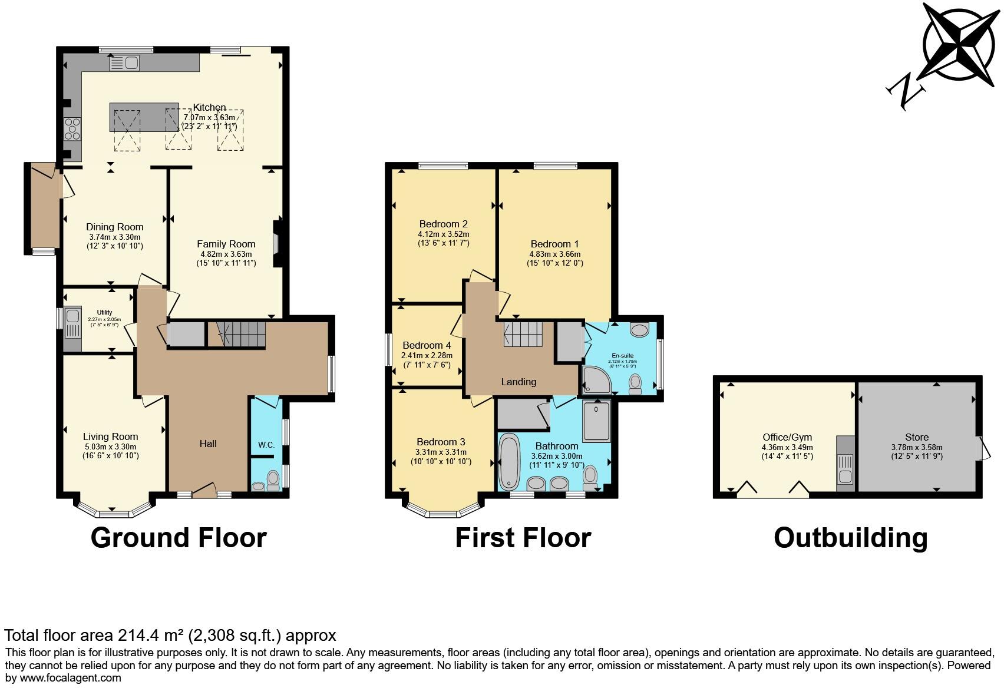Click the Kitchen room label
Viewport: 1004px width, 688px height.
[x=209, y=108]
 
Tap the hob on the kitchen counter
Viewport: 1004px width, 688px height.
[x=72, y=128]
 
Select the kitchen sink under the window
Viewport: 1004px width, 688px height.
[x=124, y=62]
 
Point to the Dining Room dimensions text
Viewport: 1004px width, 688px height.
[x=115, y=242]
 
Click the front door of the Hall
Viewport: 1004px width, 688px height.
[x=203, y=489]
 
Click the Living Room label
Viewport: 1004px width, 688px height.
[x=111, y=436]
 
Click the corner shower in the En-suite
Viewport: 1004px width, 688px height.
[x=594, y=381]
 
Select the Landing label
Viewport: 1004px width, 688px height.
[x=518, y=382]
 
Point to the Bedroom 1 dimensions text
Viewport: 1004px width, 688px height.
[x=554, y=259]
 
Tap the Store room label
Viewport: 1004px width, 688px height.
[x=917, y=437]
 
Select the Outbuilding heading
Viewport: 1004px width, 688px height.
[x=850, y=538]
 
